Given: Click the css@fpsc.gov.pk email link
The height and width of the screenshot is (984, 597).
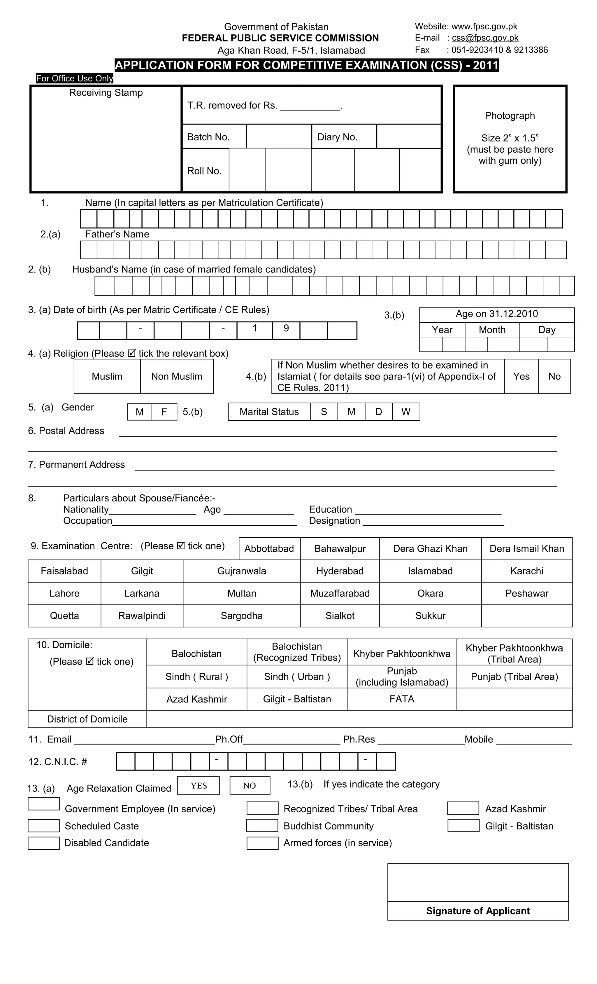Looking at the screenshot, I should tap(485, 38).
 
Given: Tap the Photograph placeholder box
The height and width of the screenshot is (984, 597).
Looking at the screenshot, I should tap(510, 139).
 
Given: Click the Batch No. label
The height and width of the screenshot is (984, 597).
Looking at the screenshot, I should tap(208, 137).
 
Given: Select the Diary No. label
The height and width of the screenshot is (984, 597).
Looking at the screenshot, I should tap(337, 137).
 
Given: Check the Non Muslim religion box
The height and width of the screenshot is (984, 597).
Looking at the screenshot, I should tap(176, 376).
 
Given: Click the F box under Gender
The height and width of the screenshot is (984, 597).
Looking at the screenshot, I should tap(164, 412).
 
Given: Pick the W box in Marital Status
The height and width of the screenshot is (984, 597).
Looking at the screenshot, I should tap(406, 412).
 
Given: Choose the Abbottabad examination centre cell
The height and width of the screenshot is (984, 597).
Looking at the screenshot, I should tap(269, 548).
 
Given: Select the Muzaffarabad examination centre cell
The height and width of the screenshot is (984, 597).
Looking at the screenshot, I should tap(340, 593).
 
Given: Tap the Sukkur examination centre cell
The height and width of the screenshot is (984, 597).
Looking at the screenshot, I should tap(430, 615).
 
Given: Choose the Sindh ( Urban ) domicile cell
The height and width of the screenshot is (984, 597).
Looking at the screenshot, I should tap(296, 677).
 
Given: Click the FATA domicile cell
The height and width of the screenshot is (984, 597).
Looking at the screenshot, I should tap(401, 699).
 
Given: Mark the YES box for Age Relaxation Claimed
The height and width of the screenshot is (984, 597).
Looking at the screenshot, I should tap(198, 786).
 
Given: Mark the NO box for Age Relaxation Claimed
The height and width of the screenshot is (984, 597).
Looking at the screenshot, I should tap(250, 786).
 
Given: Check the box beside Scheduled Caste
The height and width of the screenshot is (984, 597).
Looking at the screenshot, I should tap(43, 826).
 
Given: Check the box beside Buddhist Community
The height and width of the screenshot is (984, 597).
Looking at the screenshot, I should tap(262, 826).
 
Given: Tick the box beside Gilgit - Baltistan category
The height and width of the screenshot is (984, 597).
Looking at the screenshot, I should tap(463, 826).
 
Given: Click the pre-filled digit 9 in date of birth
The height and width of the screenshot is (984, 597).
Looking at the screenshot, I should tap(286, 328).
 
